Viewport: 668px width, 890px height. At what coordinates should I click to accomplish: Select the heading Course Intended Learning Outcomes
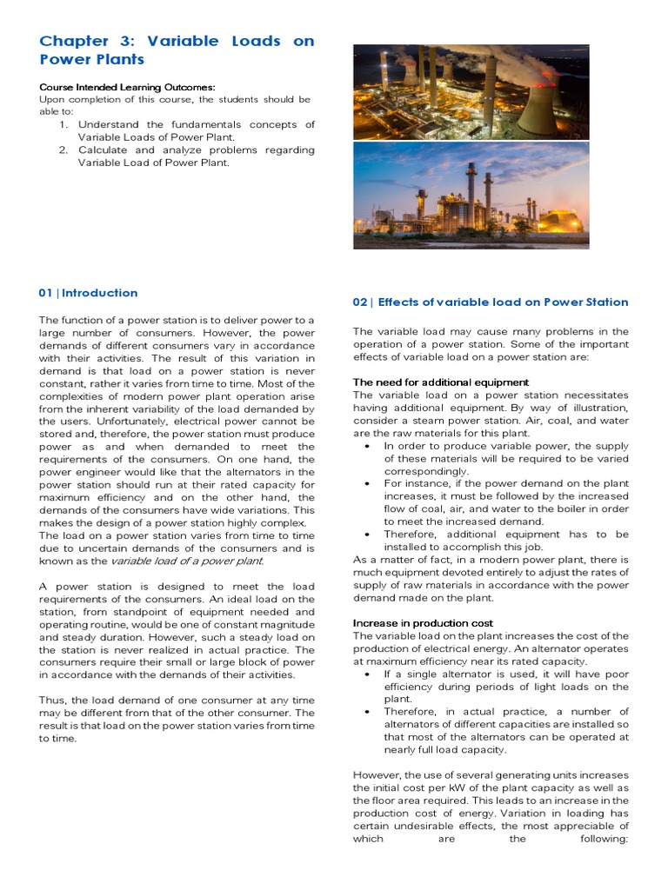click(127, 87)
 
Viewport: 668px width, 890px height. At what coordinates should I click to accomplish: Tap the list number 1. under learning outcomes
click(63, 124)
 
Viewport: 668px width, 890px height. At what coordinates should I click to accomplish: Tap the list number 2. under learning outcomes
click(63, 149)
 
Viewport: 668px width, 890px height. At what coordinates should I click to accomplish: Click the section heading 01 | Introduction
click(88, 293)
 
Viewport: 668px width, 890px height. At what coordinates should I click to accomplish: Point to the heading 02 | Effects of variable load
click(490, 302)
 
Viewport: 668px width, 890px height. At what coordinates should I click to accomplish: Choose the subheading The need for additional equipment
click(440, 382)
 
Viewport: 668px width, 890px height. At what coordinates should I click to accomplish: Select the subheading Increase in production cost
click(423, 623)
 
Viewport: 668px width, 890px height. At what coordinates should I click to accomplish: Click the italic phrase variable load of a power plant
click(186, 561)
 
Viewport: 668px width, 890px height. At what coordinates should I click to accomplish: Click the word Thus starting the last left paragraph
click(51, 700)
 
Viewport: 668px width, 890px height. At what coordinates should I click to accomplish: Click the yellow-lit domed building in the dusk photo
click(562, 216)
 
